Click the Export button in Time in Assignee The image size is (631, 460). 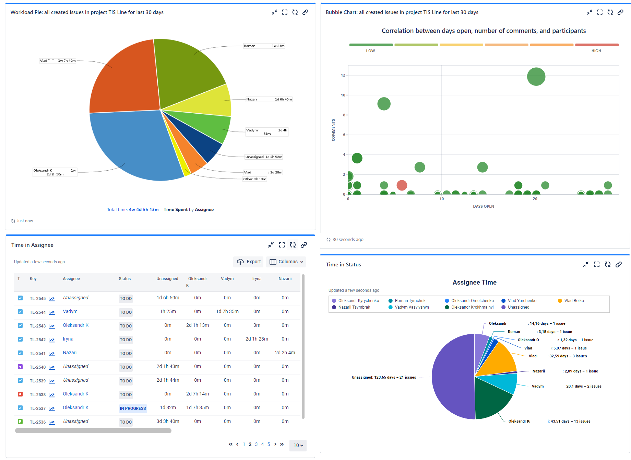(249, 262)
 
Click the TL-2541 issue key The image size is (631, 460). (37, 354)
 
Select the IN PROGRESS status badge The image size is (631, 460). (133, 409)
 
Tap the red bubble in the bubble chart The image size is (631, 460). (402, 185)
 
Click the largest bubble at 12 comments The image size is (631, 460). (536, 77)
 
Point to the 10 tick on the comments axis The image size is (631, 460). (343, 95)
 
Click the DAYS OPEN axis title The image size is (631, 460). (483, 207)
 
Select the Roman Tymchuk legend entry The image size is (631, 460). (410, 301)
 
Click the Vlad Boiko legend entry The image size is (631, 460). (574, 301)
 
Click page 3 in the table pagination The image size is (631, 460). (256, 445)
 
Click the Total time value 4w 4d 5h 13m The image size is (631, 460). (143, 210)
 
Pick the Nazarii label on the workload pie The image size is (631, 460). (252, 100)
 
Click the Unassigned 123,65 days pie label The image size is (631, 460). (383, 378)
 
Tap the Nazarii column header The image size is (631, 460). (285, 279)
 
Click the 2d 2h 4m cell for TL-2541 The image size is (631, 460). (285, 353)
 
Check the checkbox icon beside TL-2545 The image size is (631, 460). (20, 298)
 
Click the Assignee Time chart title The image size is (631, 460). (474, 283)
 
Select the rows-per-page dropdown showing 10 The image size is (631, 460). (298, 446)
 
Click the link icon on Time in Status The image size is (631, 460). (618, 265)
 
